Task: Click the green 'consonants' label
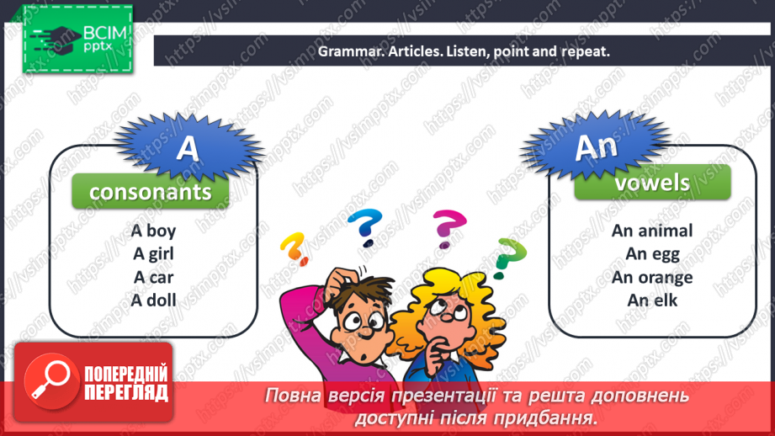pyautogui.click(x=151, y=192)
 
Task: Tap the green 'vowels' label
pyautogui.click(x=652, y=183)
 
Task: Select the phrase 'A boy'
pyautogui.click(x=154, y=231)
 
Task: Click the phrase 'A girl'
pyautogui.click(x=154, y=253)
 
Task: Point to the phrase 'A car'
pyautogui.click(x=154, y=276)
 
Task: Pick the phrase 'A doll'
pyautogui.click(x=154, y=299)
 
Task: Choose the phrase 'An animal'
pyautogui.click(x=652, y=231)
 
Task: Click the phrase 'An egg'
pyautogui.click(x=652, y=253)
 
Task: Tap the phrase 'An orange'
pyautogui.click(x=652, y=277)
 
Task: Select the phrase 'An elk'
pyautogui.click(x=652, y=300)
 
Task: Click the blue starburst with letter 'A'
pyautogui.click(x=188, y=148)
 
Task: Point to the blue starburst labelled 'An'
pyautogui.click(x=596, y=146)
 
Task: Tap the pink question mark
pyautogui.click(x=449, y=228)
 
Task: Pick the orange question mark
pyautogui.click(x=293, y=247)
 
